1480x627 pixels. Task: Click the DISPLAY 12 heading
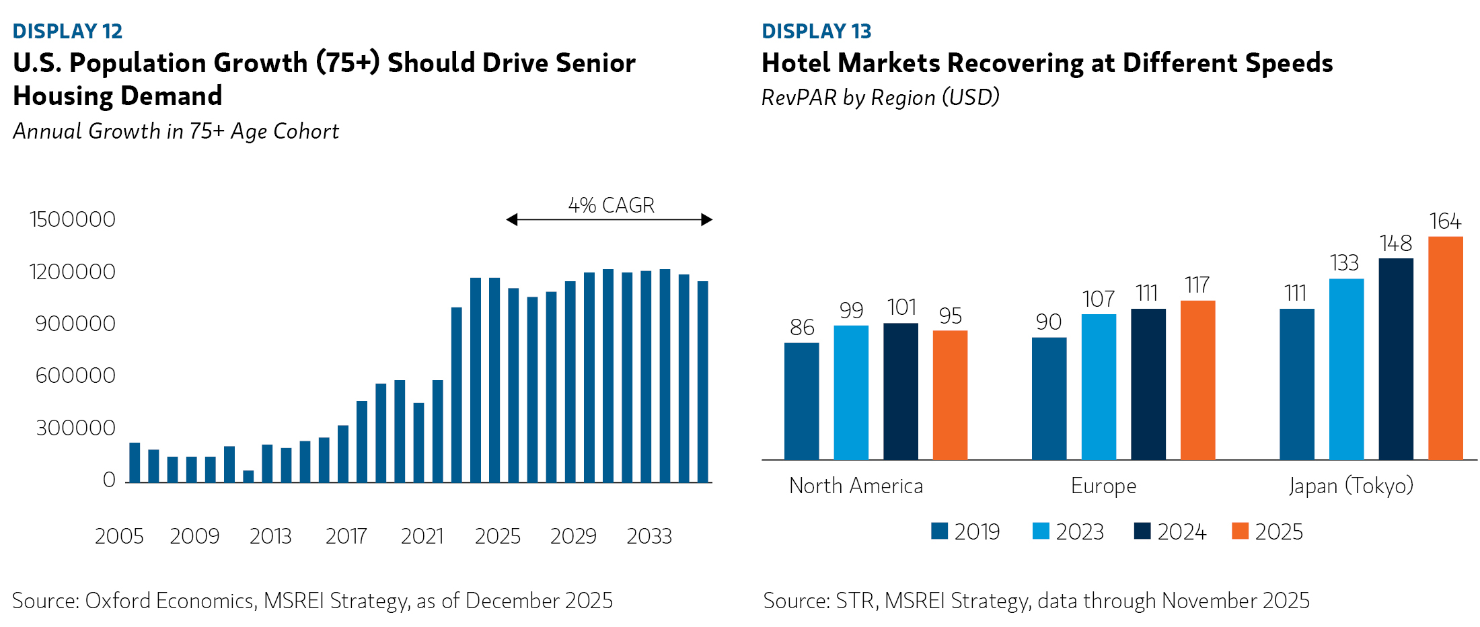pyautogui.click(x=67, y=32)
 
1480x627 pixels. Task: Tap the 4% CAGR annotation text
pyautogui.click(x=611, y=205)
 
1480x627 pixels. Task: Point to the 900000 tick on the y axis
pyautogui.click(x=75, y=324)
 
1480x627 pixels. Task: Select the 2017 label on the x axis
pyautogui.click(x=346, y=536)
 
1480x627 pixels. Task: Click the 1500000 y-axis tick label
pyautogui.click(x=73, y=219)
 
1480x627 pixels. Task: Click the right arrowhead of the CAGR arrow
pyautogui.click(x=706, y=219)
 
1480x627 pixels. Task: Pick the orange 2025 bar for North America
pyautogui.click(x=950, y=395)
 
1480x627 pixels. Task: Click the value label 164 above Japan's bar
pyautogui.click(x=1444, y=221)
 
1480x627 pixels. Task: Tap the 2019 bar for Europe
pyautogui.click(x=1049, y=398)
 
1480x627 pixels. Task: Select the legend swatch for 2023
pyautogui.click(x=1041, y=531)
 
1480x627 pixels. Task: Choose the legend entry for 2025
pyautogui.click(x=1267, y=531)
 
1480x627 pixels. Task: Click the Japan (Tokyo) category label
pyautogui.click(x=1351, y=486)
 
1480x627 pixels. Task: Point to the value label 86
pyautogui.click(x=802, y=328)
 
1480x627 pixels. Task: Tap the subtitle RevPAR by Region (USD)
pyautogui.click(x=880, y=98)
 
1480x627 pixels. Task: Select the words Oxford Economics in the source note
pyautogui.click(x=170, y=601)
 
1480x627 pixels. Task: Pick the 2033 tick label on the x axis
pyautogui.click(x=649, y=536)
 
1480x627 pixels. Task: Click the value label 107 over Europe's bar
pyautogui.click(x=1098, y=299)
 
